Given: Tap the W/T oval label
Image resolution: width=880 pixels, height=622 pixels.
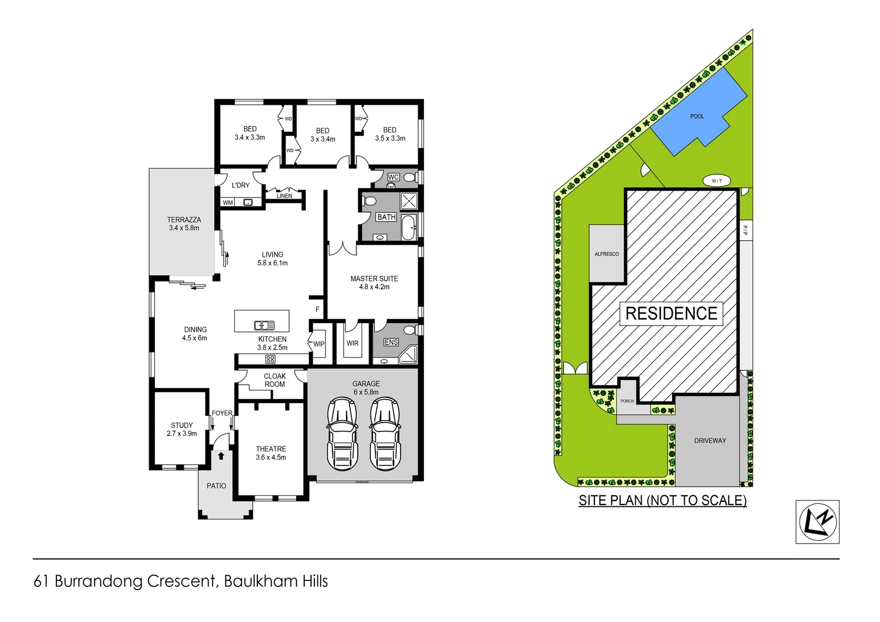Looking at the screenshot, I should tap(716, 181).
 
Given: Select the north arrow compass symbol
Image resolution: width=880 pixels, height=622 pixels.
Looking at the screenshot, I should tap(817, 522).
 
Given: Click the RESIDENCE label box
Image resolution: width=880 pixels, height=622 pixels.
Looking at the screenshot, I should tap(671, 313).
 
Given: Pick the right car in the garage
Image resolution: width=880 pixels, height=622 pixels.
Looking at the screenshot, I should tap(385, 433).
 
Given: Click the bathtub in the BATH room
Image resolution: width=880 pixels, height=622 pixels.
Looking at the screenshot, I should tap(409, 227).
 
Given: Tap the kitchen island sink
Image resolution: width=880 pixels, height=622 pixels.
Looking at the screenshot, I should tap(264, 325).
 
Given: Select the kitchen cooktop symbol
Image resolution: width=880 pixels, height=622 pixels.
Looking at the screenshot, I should tap(270, 359).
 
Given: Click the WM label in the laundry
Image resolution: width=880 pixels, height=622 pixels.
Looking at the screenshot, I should tap(228, 203).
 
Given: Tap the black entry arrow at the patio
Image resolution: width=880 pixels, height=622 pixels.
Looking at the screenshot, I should tap(221, 456).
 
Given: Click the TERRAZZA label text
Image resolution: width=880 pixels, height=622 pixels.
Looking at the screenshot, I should tap(184, 219).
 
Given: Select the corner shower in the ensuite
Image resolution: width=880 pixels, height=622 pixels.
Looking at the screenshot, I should tap(408, 355).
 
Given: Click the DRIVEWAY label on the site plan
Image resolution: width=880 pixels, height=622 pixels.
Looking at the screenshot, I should tap(710, 441).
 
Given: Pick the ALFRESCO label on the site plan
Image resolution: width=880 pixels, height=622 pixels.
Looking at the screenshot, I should tap(606, 254).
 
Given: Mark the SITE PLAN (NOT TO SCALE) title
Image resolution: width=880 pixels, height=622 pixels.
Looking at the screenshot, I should tap(662, 500).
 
